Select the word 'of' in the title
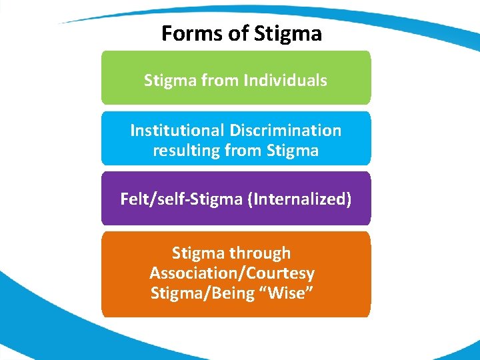235,33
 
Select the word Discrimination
285,130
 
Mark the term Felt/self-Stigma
182,199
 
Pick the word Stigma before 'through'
198,253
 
